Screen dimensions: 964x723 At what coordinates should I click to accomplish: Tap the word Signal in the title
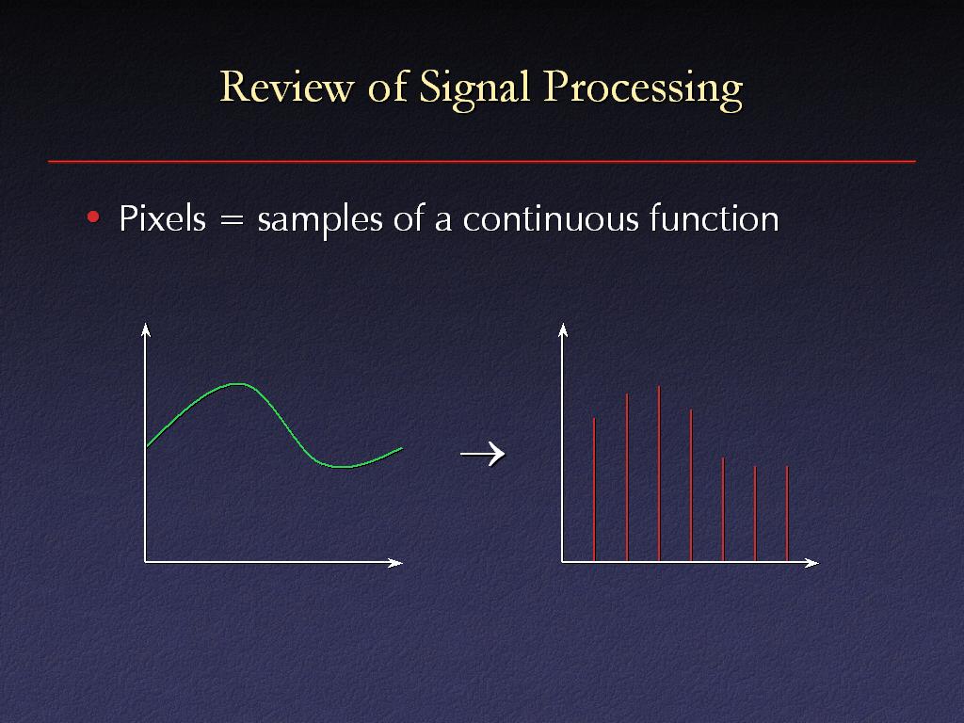[x=474, y=89]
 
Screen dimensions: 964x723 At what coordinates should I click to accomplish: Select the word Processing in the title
[x=643, y=89]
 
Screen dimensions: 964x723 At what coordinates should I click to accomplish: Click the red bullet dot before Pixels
[x=93, y=217]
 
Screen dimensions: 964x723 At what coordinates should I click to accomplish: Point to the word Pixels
[x=162, y=218]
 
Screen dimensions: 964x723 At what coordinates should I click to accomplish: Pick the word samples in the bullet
[x=320, y=220]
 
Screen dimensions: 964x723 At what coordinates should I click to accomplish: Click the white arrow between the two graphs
[x=483, y=455]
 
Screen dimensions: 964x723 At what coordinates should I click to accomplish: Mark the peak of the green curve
[x=237, y=384]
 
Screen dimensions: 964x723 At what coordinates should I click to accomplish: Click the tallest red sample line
[x=659, y=474]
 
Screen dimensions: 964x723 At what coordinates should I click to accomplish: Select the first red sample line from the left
[x=594, y=490]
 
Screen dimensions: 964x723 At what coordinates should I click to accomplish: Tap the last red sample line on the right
[x=787, y=514]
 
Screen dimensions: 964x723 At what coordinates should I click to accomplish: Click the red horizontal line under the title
[x=482, y=162]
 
